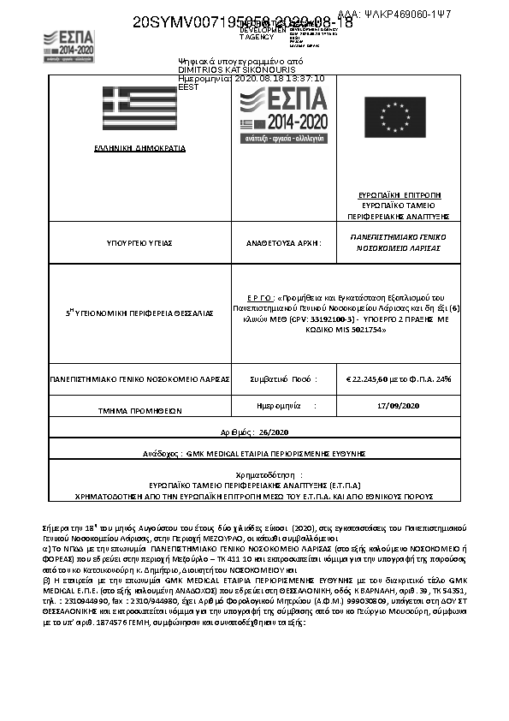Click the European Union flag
(394, 116)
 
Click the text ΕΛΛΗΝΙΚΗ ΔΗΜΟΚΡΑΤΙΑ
(139, 148)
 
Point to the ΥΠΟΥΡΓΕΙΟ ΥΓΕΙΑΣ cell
(139, 243)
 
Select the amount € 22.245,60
(370, 378)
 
